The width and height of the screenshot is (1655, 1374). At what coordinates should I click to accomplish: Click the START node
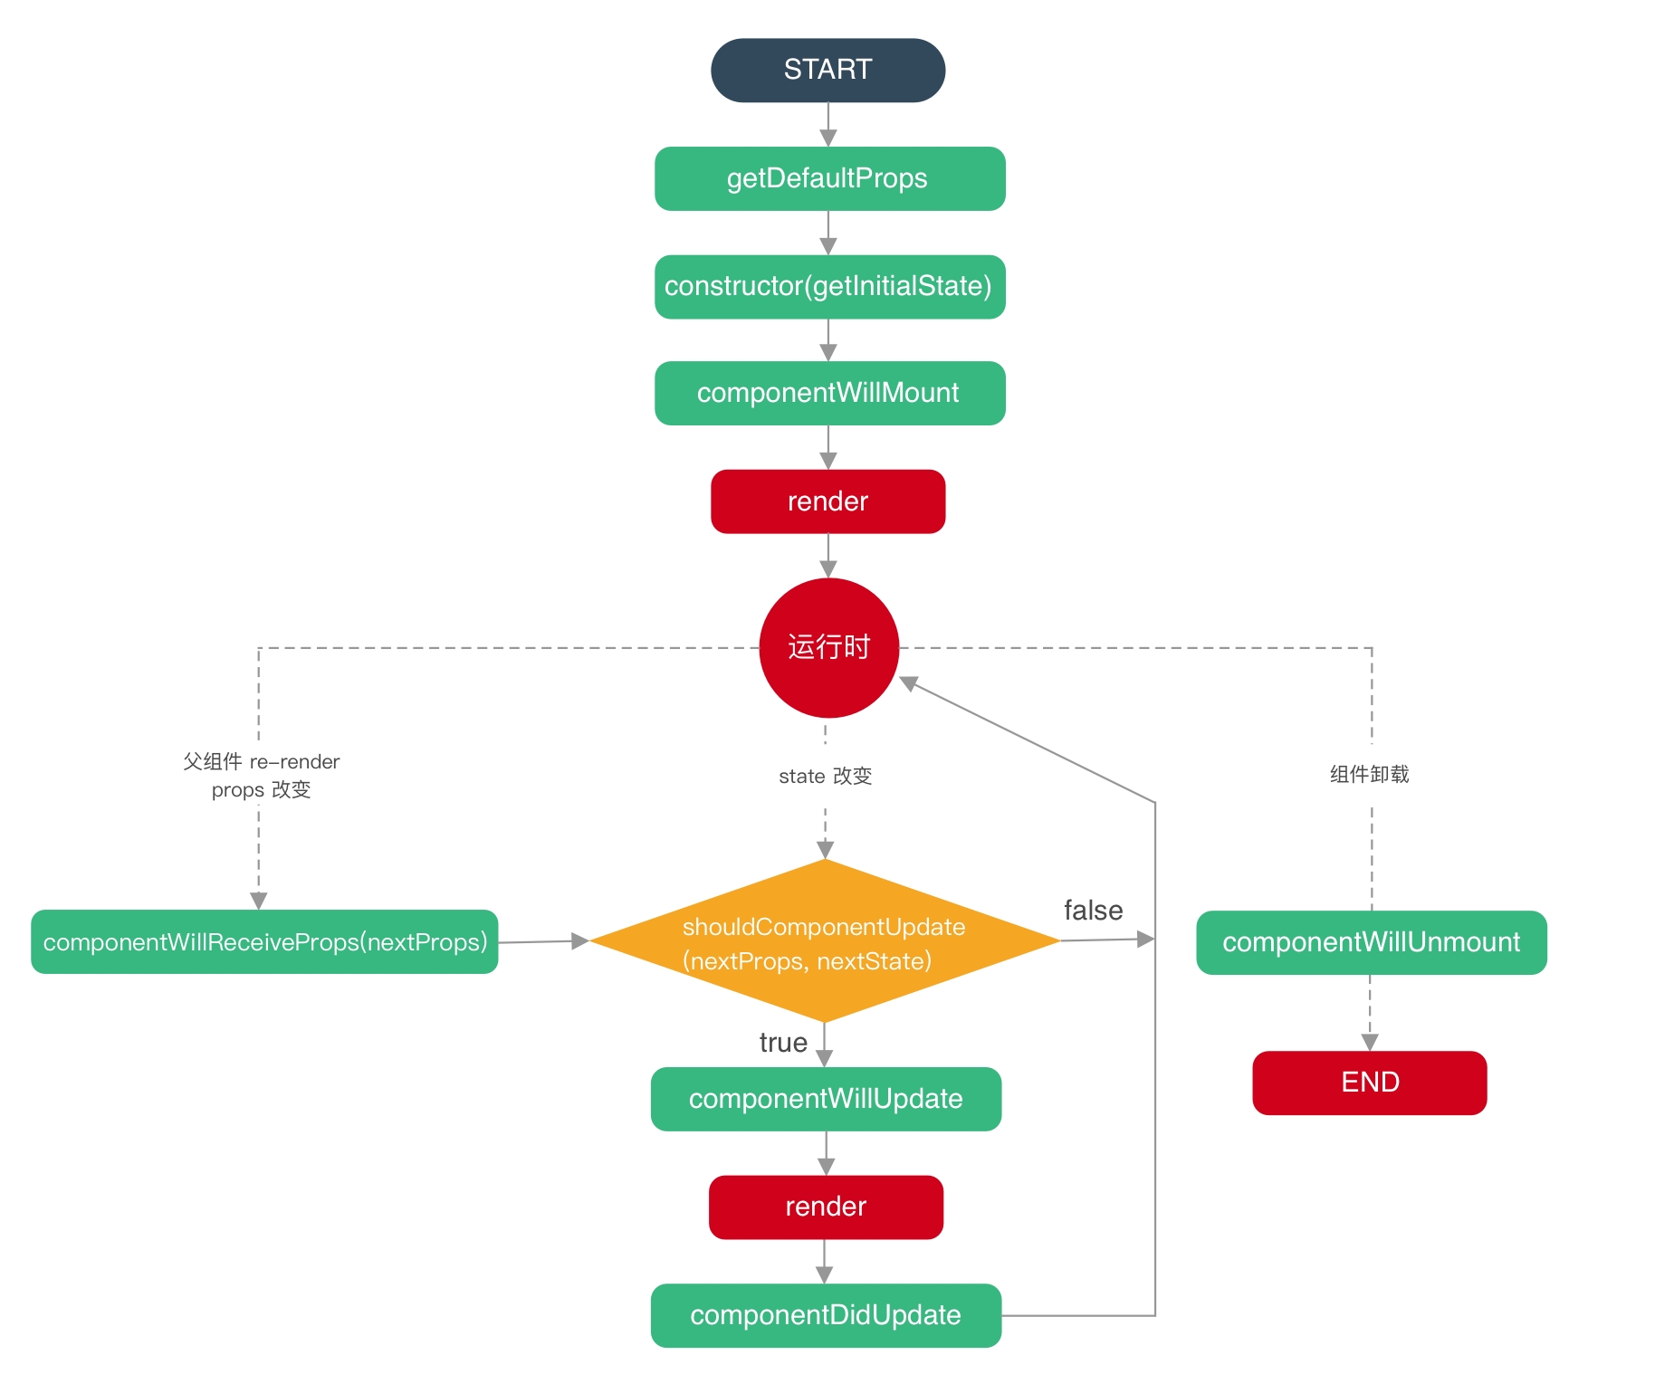coord(827,70)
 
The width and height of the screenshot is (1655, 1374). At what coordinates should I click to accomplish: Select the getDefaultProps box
coord(829,178)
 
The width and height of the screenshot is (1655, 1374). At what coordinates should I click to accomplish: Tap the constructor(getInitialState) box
coord(829,286)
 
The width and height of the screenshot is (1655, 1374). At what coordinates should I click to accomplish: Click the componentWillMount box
coord(829,393)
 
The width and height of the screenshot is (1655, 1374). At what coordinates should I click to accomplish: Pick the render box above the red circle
coord(827,501)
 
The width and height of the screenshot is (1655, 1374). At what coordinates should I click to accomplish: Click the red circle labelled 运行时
coord(828,647)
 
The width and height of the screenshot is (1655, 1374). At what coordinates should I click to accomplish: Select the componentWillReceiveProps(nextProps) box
coord(264,942)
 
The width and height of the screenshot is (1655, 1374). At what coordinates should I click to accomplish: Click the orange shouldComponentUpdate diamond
coord(824,941)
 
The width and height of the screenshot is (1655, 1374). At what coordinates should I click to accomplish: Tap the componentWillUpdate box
coord(826,1099)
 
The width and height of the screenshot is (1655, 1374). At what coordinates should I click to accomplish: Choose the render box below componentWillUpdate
coord(826,1207)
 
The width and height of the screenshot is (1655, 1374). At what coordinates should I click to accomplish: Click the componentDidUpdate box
coord(826,1315)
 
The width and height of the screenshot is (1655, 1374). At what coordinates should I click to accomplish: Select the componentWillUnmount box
coord(1371,942)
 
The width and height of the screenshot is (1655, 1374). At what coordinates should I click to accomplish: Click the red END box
coord(1369,1083)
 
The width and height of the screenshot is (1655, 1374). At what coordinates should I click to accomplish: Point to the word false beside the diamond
coord(1093,911)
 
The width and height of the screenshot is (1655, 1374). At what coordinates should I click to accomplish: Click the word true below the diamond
coord(783,1043)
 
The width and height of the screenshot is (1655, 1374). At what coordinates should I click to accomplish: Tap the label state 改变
coord(825,776)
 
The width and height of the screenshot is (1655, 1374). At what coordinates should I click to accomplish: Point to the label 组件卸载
coord(1369,774)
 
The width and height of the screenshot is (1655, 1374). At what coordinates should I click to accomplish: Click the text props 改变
coord(261,789)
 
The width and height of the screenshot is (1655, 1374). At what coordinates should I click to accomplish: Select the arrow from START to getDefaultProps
coord(827,125)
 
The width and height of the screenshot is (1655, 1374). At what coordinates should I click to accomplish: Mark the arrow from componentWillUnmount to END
coord(1370,1013)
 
